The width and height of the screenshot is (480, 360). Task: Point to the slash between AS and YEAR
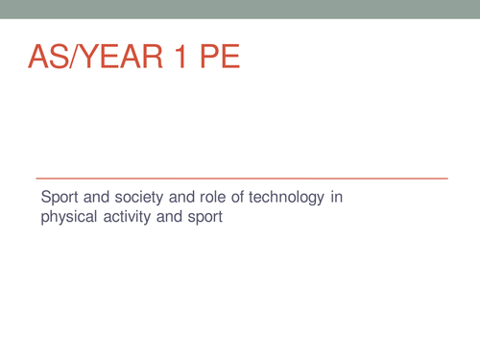pyautogui.click(x=76, y=60)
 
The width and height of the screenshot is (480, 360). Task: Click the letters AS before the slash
pyautogui.click(x=51, y=60)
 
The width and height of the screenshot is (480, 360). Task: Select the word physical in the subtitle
pyautogui.click(x=66, y=218)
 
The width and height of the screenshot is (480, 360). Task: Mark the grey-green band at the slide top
pyautogui.click(x=240, y=9)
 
